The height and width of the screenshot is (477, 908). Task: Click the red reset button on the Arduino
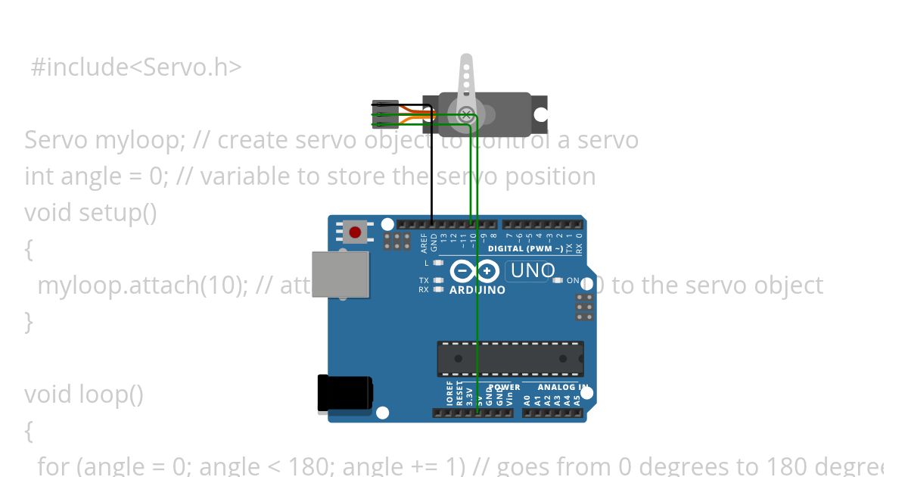click(x=355, y=231)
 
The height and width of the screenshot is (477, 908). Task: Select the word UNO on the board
click(x=533, y=270)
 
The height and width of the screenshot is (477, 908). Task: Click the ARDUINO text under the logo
click(x=477, y=290)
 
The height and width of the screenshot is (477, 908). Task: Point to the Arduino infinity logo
click(x=474, y=270)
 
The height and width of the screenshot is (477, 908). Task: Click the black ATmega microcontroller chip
click(x=510, y=359)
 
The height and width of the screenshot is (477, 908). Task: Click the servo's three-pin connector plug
click(x=385, y=114)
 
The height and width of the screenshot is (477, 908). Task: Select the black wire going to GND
click(x=432, y=167)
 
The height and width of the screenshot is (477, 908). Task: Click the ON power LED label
click(x=573, y=281)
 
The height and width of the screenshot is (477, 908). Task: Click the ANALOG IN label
click(x=562, y=388)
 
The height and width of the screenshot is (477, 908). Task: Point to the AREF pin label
click(x=424, y=242)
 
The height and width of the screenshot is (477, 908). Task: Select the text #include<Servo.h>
click(x=136, y=67)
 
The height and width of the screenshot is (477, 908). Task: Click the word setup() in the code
click(x=118, y=213)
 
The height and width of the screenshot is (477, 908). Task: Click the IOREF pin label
click(x=449, y=395)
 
